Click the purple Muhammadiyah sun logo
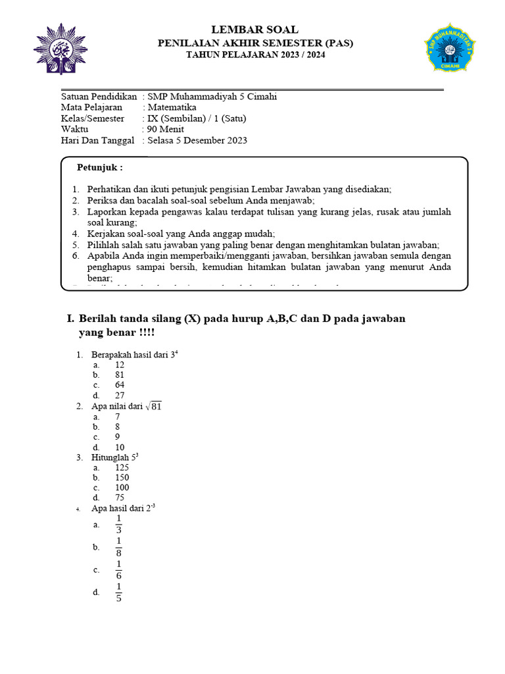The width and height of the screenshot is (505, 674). pyautogui.click(x=60, y=49)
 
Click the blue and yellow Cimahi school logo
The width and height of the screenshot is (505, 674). pyautogui.click(x=450, y=49)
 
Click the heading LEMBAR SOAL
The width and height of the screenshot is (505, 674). pyautogui.click(x=254, y=30)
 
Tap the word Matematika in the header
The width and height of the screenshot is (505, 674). pyautogui.click(x=172, y=107)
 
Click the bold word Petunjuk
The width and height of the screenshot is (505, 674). pyautogui.click(x=99, y=168)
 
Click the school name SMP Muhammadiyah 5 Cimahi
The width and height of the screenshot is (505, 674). pyautogui.click(x=212, y=96)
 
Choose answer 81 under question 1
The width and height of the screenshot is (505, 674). pyautogui.click(x=120, y=375)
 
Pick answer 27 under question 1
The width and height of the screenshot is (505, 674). pyautogui.click(x=120, y=396)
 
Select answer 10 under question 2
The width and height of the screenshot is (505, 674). pyautogui.click(x=120, y=448)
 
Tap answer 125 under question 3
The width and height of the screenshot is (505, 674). pyautogui.click(x=122, y=467)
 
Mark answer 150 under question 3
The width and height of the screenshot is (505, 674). pyautogui.click(x=122, y=478)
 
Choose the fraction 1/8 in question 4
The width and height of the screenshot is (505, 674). pyautogui.click(x=119, y=547)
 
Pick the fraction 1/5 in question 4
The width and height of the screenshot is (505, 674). pyautogui.click(x=119, y=592)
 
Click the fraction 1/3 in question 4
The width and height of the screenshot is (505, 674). pyautogui.click(x=119, y=525)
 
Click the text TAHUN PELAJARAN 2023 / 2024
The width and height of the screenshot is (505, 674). pyautogui.click(x=255, y=55)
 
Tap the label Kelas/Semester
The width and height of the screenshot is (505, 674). pyautogui.click(x=92, y=118)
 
